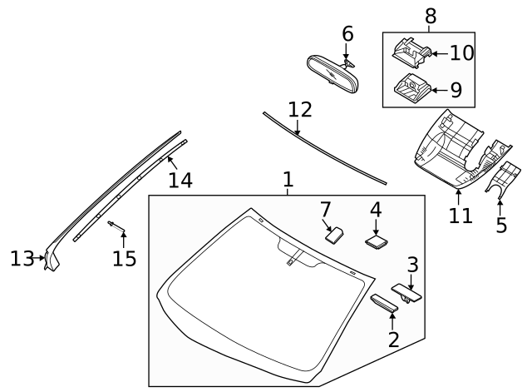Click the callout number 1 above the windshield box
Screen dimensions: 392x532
click(288, 179)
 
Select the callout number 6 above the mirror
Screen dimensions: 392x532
click(347, 34)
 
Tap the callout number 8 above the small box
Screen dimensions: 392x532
click(430, 16)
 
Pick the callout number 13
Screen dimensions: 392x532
click(22, 259)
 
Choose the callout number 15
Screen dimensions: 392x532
click(124, 259)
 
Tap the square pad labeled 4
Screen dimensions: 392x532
click(377, 241)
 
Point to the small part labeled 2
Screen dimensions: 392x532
click(384, 303)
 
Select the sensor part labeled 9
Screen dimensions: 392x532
click(411, 85)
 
